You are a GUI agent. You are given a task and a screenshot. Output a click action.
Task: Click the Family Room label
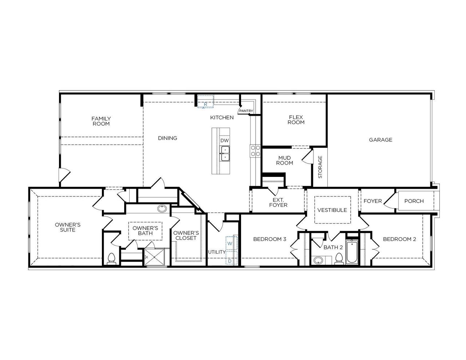click(101, 121)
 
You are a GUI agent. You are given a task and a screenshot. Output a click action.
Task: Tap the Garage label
click(380, 140)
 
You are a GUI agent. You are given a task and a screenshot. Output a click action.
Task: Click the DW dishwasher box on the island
click(225, 141)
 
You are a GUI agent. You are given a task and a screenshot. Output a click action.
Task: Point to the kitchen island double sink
click(225, 153)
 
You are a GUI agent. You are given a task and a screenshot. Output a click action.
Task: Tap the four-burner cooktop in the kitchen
click(255, 151)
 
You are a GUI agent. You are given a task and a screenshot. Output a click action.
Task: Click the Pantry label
click(246, 111)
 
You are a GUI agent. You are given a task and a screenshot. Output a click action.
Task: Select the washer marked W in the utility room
click(230, 243)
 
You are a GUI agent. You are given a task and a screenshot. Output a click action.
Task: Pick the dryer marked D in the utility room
click(230, 261)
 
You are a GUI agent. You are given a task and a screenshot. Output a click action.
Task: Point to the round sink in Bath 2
click(319, 260)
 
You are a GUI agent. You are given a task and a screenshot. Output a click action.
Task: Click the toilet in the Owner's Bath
click(111, 259)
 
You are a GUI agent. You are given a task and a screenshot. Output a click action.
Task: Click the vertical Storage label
click(320, 167)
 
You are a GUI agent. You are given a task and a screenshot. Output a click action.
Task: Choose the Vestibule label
click(332, 210)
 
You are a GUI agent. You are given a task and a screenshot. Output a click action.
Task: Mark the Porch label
click(414, 201)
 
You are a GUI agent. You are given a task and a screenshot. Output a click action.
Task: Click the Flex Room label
click(296, 120)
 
